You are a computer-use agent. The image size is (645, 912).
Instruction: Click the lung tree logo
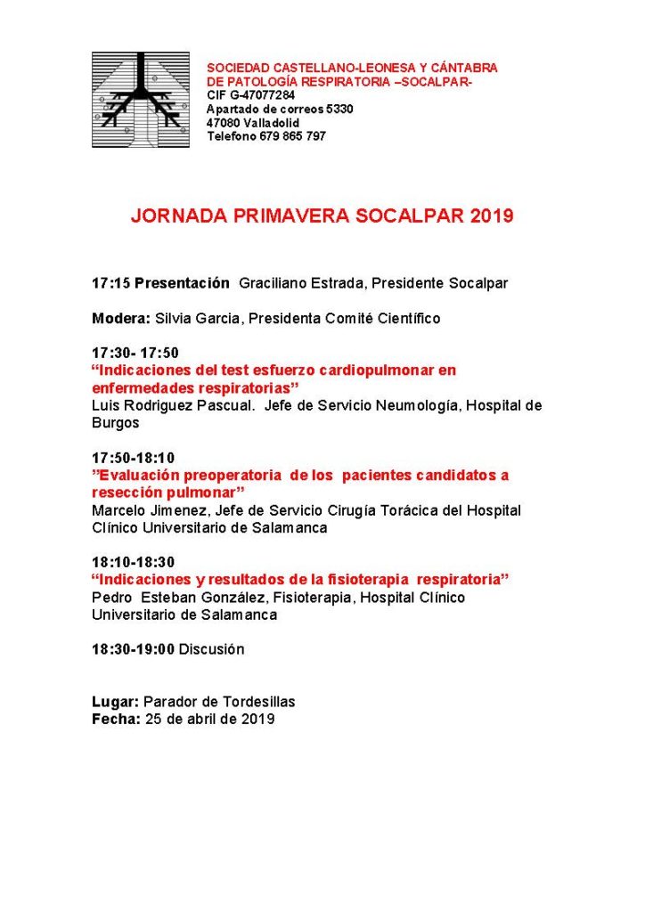click(x=140, y=100)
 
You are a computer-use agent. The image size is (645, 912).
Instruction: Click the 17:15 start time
click(x=110, y=283)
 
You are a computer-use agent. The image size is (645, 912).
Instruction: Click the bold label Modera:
click(x=121, y=318)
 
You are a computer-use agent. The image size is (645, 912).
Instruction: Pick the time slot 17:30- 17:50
click(x=135, y=353)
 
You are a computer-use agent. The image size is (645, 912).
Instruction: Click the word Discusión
click(x=211, y=649)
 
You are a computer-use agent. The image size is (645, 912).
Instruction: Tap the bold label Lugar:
click(x=115, y=702)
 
